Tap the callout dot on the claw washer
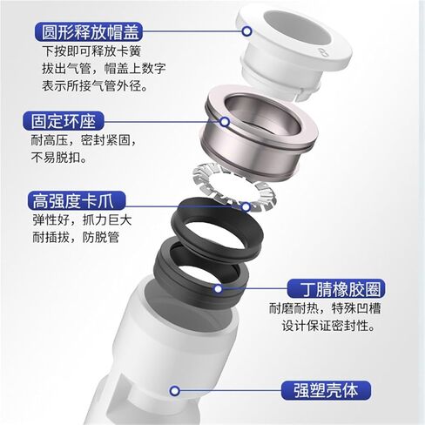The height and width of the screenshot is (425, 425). pos(246,206)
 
